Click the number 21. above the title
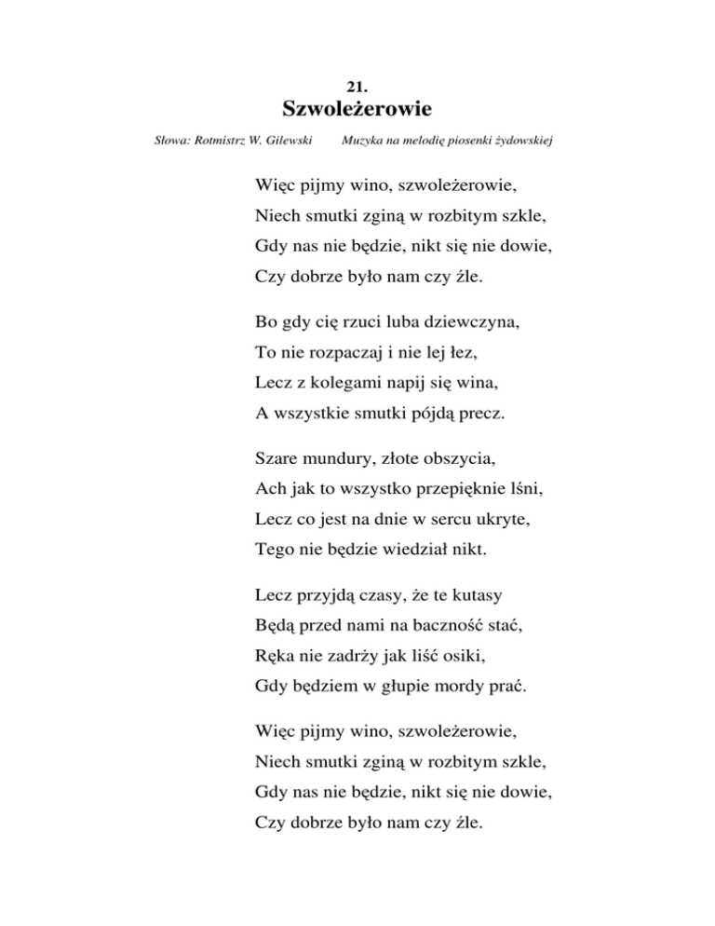click(358, 85)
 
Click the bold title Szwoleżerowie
click(357, 110)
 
